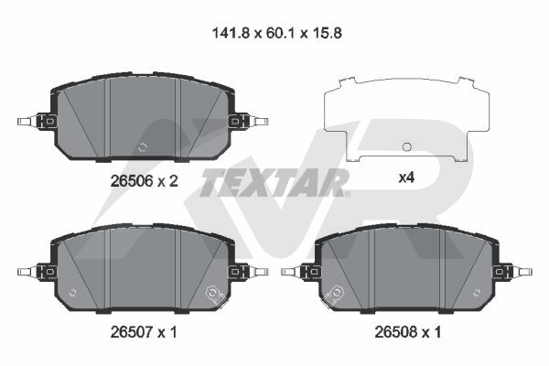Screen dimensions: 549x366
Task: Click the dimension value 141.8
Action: point(231,34)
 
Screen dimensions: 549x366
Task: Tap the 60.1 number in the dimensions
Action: point(280,34)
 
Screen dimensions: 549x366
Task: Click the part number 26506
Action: point(132,181)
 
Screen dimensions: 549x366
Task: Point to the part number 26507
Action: point(132,332)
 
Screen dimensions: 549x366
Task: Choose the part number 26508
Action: point(396,331)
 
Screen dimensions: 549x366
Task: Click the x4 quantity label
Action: point(406,178)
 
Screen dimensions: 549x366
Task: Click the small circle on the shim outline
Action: point(406,146)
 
